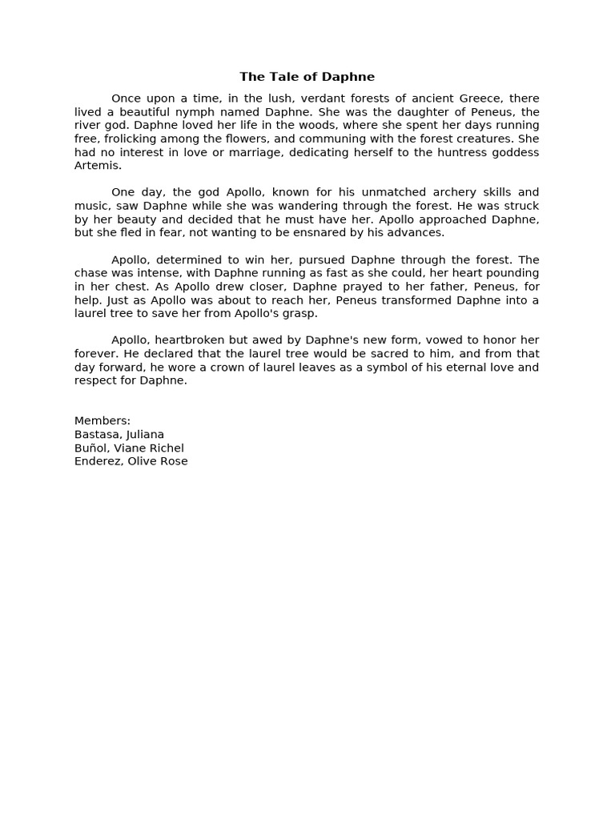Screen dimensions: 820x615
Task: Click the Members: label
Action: [102, 421]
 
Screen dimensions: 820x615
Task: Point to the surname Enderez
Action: [97, 461]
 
